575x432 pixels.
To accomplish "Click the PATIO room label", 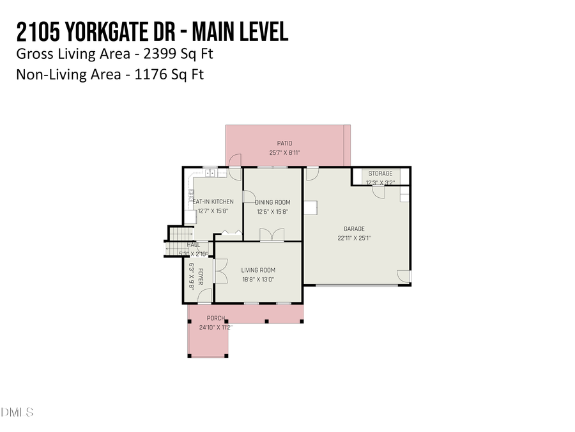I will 284,143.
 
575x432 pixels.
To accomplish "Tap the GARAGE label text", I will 353,228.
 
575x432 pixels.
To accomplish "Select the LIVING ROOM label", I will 259,270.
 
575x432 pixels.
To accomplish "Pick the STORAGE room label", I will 380,174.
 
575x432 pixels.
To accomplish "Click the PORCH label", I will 215,318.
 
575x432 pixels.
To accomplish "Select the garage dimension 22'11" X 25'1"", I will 353,238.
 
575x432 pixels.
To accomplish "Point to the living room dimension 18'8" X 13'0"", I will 259,279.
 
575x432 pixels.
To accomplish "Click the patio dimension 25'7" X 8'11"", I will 284,153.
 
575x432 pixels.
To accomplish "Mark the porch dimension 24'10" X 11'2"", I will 215,327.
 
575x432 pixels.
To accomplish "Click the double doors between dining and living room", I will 272,235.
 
